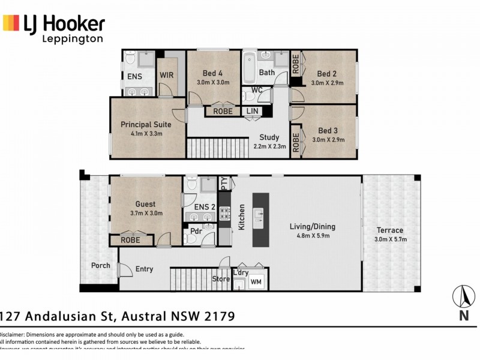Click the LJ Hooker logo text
point(64,24)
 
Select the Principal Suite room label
point(146,125)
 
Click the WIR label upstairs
point(167,76)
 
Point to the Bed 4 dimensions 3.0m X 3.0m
point(214,83)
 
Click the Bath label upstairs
point(267,73)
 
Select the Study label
point(269,137)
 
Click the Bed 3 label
point(328,130)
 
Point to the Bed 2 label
point(328,74)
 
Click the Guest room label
point(146,203)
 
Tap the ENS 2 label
point(205,207)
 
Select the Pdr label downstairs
point(196,231)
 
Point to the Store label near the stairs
point(221,279)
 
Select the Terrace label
point(389,230)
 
